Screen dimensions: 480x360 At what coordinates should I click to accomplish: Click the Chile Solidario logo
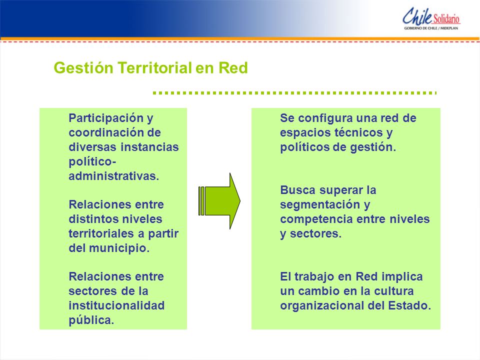tap(431, 18)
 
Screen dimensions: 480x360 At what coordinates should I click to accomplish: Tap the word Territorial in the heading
tap(155, 68)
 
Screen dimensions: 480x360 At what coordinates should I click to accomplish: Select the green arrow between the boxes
tap(219, 201)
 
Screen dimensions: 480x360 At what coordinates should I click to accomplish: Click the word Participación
tap(106, 118)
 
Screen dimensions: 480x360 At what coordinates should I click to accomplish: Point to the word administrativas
tap(114, 176)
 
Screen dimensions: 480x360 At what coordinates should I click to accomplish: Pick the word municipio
tap(119, 248)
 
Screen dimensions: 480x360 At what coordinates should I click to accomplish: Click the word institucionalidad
tap(116, 305)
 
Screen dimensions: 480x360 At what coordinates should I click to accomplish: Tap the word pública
tap(91, 320)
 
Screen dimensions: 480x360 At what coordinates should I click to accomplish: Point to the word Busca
tap(297, 190)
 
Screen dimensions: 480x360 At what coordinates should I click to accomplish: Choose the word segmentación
tap(320, 205)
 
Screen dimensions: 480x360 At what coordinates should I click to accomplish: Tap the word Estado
tap(409, 305)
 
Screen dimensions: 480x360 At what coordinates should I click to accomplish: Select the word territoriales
tap(101, 233)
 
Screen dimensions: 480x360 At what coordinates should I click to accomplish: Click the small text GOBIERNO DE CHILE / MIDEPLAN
tap(431, 28)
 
